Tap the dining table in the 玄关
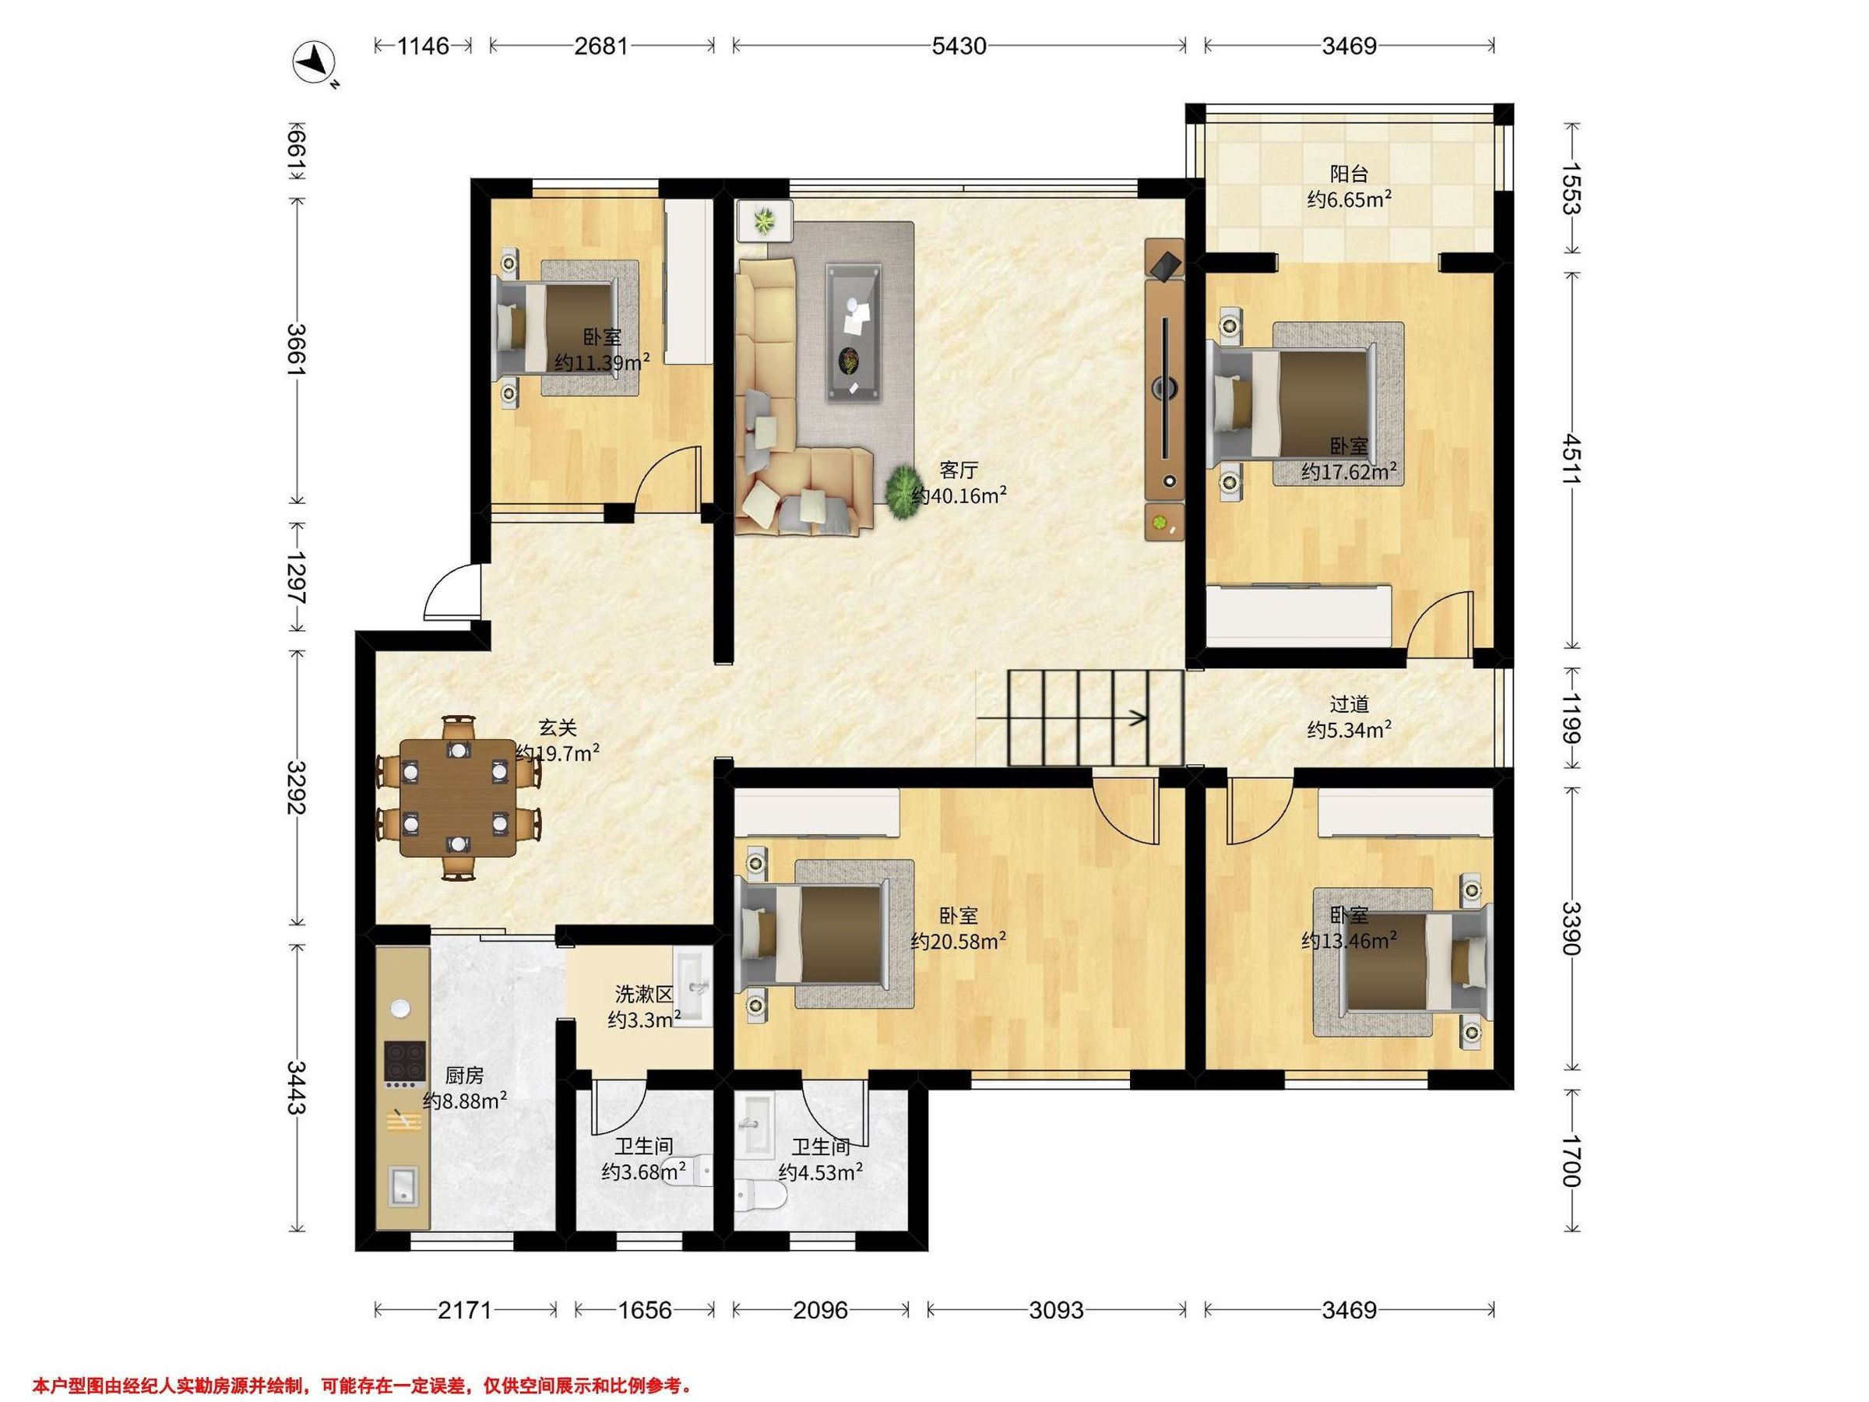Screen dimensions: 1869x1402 click(x=456, y=798)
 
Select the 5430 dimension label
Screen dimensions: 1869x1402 click(x=959, y=45)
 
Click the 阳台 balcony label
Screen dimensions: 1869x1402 click(x=1349, y=174)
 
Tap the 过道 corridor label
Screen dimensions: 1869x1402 click(x=1349, y=704)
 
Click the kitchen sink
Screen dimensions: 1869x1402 click(x=402, y=1185)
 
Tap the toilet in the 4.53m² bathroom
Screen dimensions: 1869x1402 click(x=762, y=1195)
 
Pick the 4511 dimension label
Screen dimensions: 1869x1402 click(x=1571, y=460)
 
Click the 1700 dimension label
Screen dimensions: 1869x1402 click(x=1571, y=1162)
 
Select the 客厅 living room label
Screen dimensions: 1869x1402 click(x=958, y=470)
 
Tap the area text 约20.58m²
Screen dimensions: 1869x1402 click(x=958, y=942)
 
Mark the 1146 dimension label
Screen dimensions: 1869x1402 click(x=424, y=45)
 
